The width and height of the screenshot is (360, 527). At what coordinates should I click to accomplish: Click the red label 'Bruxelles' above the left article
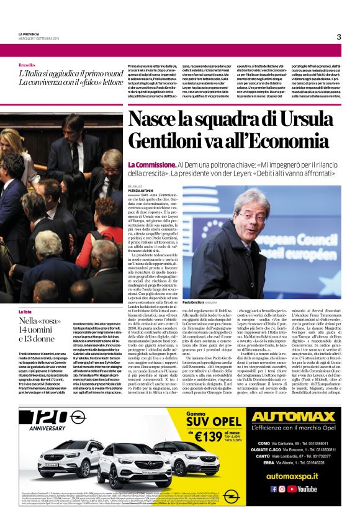(27, 65)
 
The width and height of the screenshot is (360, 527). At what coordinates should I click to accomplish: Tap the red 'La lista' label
(25, 311)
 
